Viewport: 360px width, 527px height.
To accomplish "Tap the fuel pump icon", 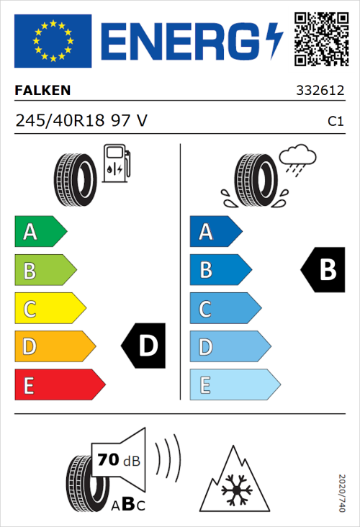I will coord(116,163).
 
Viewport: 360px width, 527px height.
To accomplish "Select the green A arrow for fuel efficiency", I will coord(40,232).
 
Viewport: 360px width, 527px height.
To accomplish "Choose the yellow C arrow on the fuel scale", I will coord(49,309).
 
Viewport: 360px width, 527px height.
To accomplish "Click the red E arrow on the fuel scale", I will coord(59,385).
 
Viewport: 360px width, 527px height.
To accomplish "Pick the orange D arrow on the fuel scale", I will coord(54,347).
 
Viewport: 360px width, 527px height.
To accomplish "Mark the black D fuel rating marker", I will coord(143,346).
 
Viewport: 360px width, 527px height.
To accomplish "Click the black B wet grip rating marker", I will coord(322,270).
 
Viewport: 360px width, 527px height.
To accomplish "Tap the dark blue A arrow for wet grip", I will coord(215,232).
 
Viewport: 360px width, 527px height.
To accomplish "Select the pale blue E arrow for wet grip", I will coord(234,385).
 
